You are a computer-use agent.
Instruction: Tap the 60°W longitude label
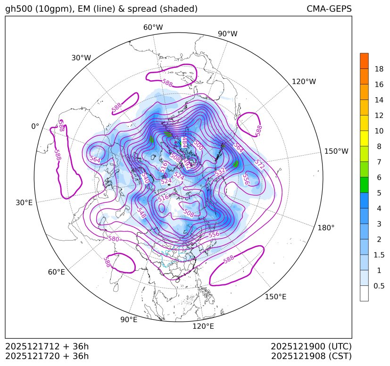point(153,27)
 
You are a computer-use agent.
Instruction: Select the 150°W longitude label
point(336,151)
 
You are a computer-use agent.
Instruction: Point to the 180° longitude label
point(326,227)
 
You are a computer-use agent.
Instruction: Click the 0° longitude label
point(35,126)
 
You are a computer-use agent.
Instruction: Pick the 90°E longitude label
point(129,319)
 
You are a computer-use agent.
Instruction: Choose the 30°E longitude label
point(24,203)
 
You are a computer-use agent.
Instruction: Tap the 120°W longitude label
point(304,82)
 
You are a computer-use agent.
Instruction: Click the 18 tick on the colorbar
point(379,69)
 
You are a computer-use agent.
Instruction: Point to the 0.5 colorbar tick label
point(379,286)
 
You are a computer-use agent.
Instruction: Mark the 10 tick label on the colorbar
point(379,131)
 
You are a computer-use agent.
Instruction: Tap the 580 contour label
point(114,239)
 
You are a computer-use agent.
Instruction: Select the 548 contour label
point(141,212)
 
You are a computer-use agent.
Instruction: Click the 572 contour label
point(259,164)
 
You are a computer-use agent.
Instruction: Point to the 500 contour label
point(198,146)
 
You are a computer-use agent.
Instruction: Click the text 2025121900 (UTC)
point(311,346)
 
